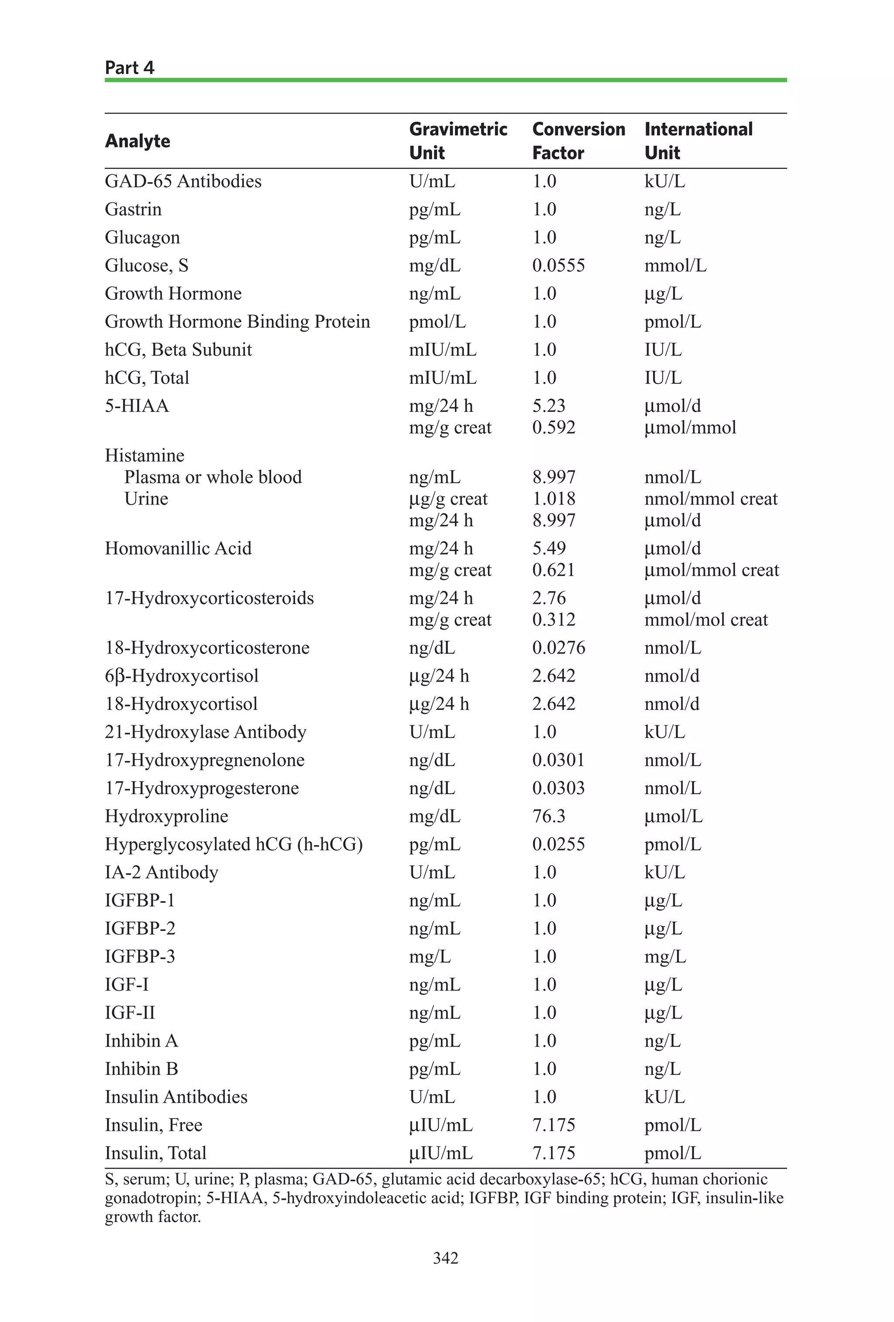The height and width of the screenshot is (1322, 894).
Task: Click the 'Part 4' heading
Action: point(130,68)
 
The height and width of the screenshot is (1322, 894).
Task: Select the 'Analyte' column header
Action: point(138,141)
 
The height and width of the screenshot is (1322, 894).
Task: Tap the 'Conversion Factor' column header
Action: point(578,141)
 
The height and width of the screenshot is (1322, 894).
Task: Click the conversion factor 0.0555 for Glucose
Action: point(558,265)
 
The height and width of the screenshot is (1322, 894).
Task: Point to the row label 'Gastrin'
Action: point(133,209)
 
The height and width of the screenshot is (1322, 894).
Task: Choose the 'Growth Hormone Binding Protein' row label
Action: point(237,322)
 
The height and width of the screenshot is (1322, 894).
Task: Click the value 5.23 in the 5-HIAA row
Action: point(548,406)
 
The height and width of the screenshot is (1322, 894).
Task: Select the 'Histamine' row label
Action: point(144,456)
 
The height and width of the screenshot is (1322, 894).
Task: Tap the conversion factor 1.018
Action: point(554,499)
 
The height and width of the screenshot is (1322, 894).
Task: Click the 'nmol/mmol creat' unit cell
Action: point(710,499)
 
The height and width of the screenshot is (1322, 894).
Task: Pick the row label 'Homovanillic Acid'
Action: point(178,548)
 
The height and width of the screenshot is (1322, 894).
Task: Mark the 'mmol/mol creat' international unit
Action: point(706,620)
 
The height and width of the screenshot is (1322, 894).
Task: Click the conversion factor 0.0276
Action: point(558,648)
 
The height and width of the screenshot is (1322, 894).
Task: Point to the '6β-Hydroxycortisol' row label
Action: point(182,676)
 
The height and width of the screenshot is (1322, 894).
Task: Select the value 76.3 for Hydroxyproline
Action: point(548,816)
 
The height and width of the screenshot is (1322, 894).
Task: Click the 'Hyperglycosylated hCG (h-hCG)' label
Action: point(234,844)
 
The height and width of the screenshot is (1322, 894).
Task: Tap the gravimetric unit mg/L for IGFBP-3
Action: point(430,957)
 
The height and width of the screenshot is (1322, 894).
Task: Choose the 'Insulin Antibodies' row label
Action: point(176,1097)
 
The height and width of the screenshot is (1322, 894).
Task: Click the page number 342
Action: point(445,1258)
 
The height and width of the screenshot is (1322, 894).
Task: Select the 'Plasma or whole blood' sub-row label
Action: point(213,477)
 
